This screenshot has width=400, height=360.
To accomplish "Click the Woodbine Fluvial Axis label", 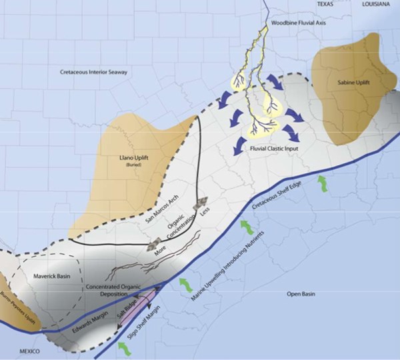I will click(301, 23).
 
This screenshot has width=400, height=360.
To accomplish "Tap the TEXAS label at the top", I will click(325, 4).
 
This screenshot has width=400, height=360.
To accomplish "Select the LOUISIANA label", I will click(376, 4).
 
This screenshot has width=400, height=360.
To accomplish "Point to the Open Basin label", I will click(300, 294).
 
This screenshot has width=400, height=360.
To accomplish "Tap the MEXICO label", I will click(29, 351).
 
